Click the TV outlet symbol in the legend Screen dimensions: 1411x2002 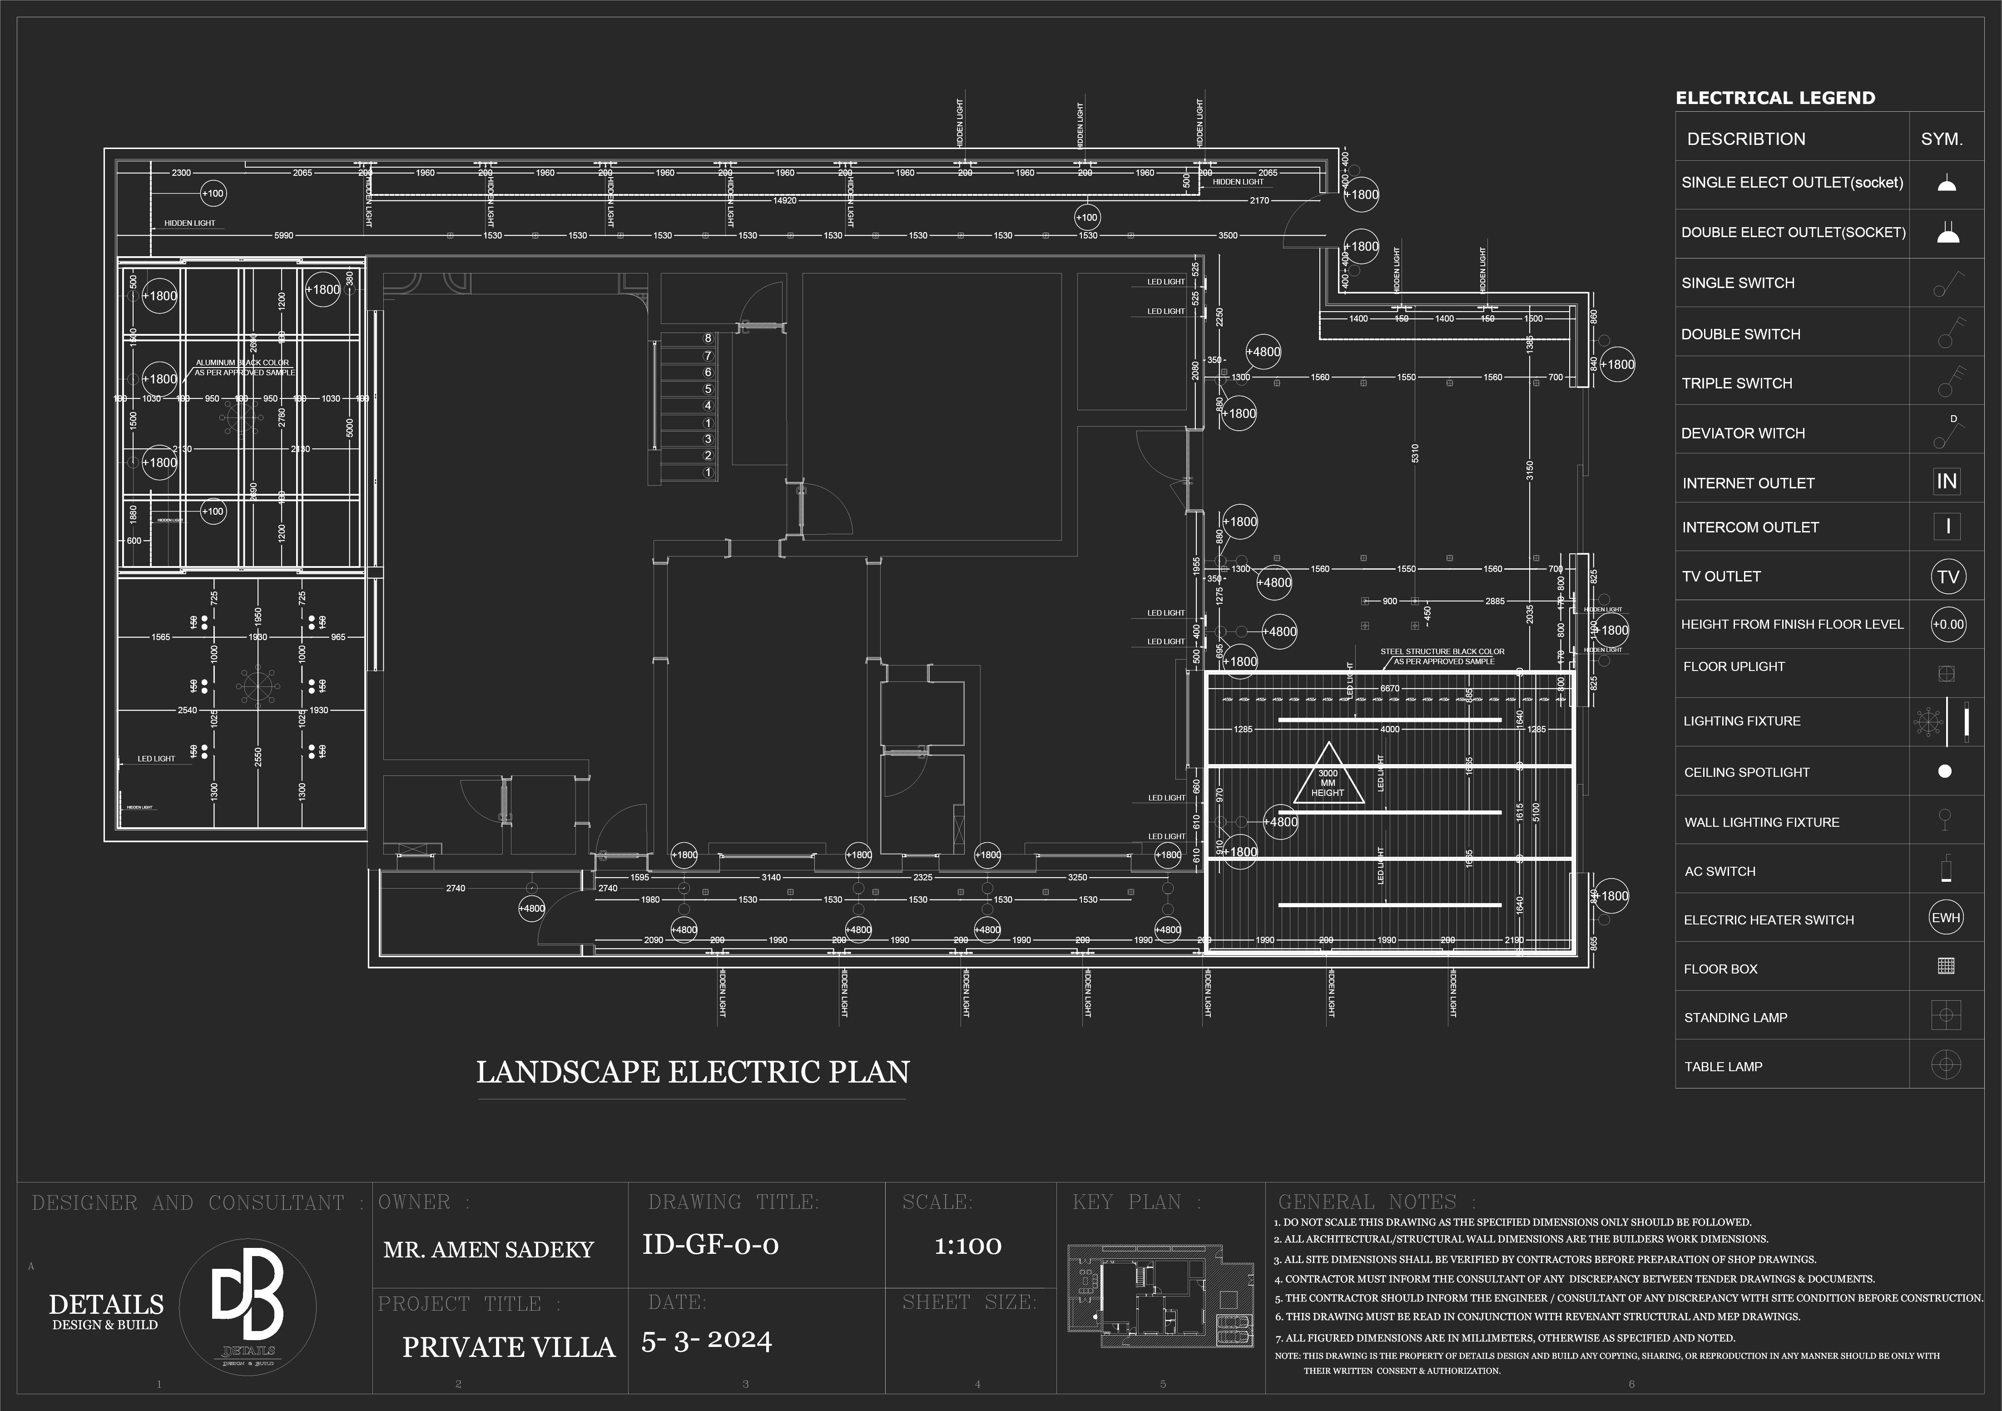tap(1947, 576)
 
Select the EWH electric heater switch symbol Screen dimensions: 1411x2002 tap(1945, 917)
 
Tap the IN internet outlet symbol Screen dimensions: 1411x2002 tap(1946, 482)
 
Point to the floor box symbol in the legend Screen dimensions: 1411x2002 tap(1945, 966)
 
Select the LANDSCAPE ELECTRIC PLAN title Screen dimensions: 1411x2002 tap(692, 1072)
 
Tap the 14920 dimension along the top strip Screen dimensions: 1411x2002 tap(785, 201)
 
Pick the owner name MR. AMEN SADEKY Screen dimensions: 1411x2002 tap(488, 1250)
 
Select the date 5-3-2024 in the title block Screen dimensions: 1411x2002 tap(706, 1341)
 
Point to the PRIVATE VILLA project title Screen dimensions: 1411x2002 tap(508, 1347)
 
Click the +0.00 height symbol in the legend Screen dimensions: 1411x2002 tap(1948, 624)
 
